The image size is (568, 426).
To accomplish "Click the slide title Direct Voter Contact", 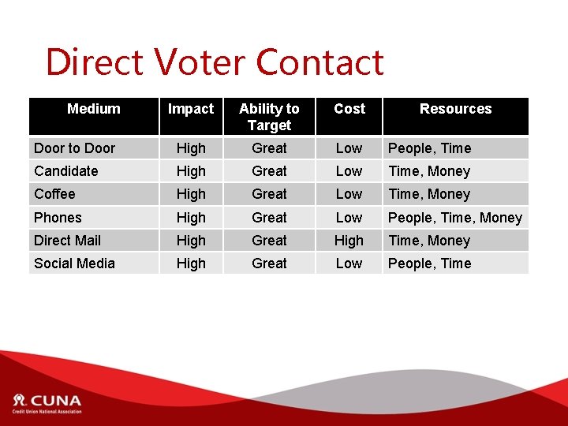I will [x=215, y=62].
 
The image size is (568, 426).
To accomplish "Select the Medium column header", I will [x=93, y=109].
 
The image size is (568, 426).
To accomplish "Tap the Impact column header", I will [x=191, y=109].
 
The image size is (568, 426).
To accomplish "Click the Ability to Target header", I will [x=269, y=117].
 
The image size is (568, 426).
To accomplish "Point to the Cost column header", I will [x=349, y=109].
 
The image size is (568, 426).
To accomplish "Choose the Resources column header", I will [x=455, y=109].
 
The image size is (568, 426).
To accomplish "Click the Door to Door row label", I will [x=74, y=148].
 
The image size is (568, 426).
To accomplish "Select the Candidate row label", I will [x=66, y=171].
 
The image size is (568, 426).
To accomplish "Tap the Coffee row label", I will [x=54, y=194].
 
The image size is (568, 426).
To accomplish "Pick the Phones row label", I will [x=58, y=218].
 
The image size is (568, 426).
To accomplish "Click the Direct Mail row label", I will [x=67, y=241].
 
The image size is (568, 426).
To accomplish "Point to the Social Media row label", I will [x=74, y=263].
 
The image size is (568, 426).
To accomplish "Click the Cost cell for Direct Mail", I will [x=349, y=241].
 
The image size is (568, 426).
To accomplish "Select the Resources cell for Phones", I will [x=455, y=218].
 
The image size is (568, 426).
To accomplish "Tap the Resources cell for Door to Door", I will [x=429, y=148].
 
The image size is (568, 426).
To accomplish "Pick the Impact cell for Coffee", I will [x=191, y=194].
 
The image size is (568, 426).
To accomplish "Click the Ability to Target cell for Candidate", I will [x=269, y=171].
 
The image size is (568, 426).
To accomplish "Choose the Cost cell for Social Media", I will [x=349, y=263].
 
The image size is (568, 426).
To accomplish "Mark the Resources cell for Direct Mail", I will [x=429, y=241].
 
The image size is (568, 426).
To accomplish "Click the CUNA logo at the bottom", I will [x=47, y=403].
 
